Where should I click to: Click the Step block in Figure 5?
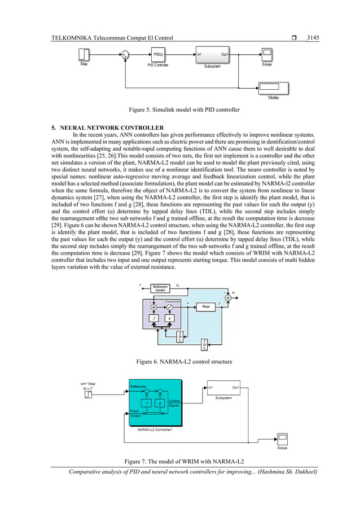(x=83, y=55)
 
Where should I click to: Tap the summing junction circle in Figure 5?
(x=124, y=55)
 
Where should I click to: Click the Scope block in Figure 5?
(x=266, y=55)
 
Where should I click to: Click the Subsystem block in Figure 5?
(x=212, y=55)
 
